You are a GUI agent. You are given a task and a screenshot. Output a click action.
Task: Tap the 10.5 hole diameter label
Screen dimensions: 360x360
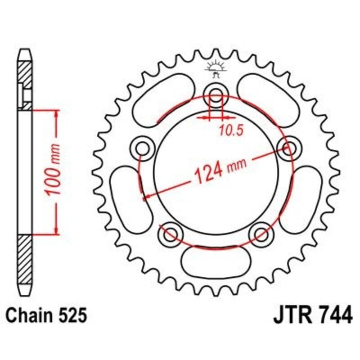231,130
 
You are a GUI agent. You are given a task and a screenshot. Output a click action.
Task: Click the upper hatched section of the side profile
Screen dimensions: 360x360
26,81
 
